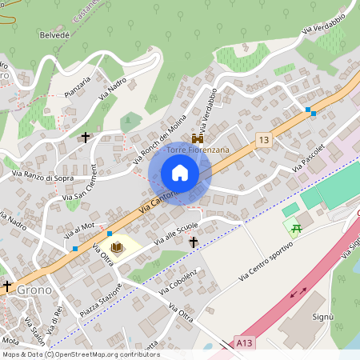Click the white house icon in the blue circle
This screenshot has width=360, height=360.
[x=180, y=173]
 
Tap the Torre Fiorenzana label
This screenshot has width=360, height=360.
[x=197, y=150]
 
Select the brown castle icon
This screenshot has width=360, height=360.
[x=197, y=138]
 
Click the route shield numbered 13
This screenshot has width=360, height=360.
[x=263, y=140]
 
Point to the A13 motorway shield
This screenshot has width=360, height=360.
[x=245, y=342]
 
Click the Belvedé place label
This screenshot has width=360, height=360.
[x=54, y=36]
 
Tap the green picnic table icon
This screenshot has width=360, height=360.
[x=297, y=228]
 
